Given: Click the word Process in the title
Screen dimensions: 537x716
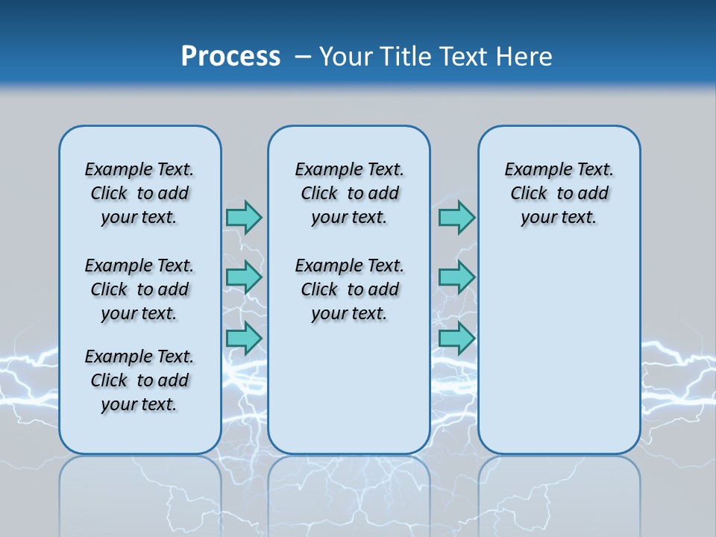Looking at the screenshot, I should point(230,57).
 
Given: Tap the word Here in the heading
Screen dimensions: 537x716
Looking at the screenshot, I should point(525,57).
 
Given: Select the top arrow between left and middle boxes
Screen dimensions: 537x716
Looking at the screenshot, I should point(244,217).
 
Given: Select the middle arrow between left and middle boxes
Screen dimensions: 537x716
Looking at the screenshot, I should point(244,277).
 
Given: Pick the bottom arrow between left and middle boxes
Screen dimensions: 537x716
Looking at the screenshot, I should point(244,338).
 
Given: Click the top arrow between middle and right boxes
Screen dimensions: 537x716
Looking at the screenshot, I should point(456,217).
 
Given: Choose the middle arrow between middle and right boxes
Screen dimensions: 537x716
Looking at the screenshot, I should point(456,277).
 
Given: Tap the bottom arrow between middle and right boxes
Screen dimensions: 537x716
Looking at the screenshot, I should point(456,338).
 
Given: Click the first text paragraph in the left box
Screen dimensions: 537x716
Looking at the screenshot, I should point(139,193).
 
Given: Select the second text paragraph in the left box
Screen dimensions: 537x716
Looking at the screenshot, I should point(139,289).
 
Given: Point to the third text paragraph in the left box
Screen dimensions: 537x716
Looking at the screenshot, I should point(139,380).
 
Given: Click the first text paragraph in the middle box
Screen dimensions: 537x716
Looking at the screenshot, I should point(349,193).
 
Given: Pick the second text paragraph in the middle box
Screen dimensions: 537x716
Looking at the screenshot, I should point(349,289).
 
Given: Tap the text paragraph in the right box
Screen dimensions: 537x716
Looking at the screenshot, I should point(559,193).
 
